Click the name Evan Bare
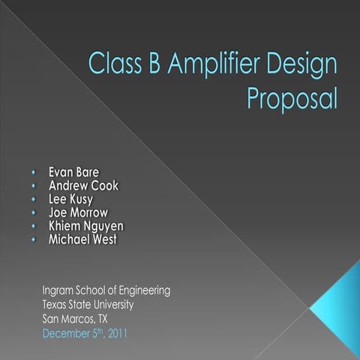73,172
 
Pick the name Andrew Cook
83,185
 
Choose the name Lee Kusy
70,199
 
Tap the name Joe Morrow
78,212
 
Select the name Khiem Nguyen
86,226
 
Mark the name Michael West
82,239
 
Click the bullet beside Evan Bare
34,172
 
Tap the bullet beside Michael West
34,240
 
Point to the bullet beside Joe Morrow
34,213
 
